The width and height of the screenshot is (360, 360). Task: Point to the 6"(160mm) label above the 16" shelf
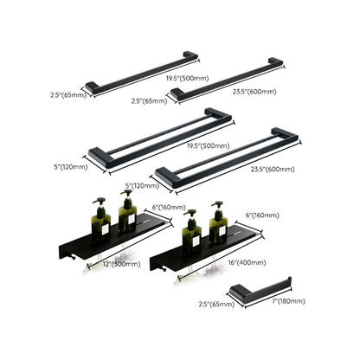267,213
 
